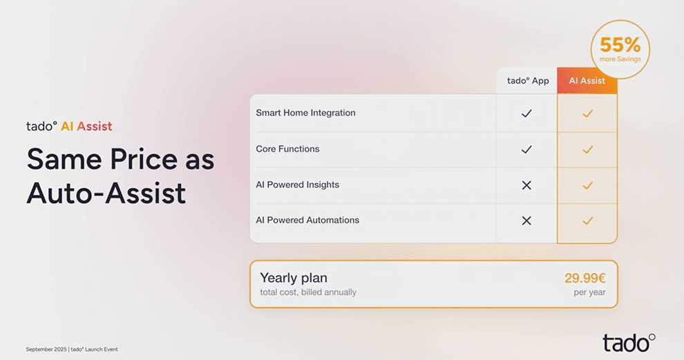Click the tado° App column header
527,81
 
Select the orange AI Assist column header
587,81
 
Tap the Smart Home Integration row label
305,113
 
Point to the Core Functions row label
287,149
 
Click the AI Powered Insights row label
298,184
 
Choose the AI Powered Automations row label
307,220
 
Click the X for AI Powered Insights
526,185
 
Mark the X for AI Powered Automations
526,221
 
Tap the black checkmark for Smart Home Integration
526,113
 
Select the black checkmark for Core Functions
526,150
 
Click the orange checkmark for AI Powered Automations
587,221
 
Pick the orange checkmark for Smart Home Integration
587,113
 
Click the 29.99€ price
585,278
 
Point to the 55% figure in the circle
620,45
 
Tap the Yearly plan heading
294,278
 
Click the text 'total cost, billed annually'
308,292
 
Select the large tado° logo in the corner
629,343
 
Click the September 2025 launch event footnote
72,349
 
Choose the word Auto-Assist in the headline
106,193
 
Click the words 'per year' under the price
590,292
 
